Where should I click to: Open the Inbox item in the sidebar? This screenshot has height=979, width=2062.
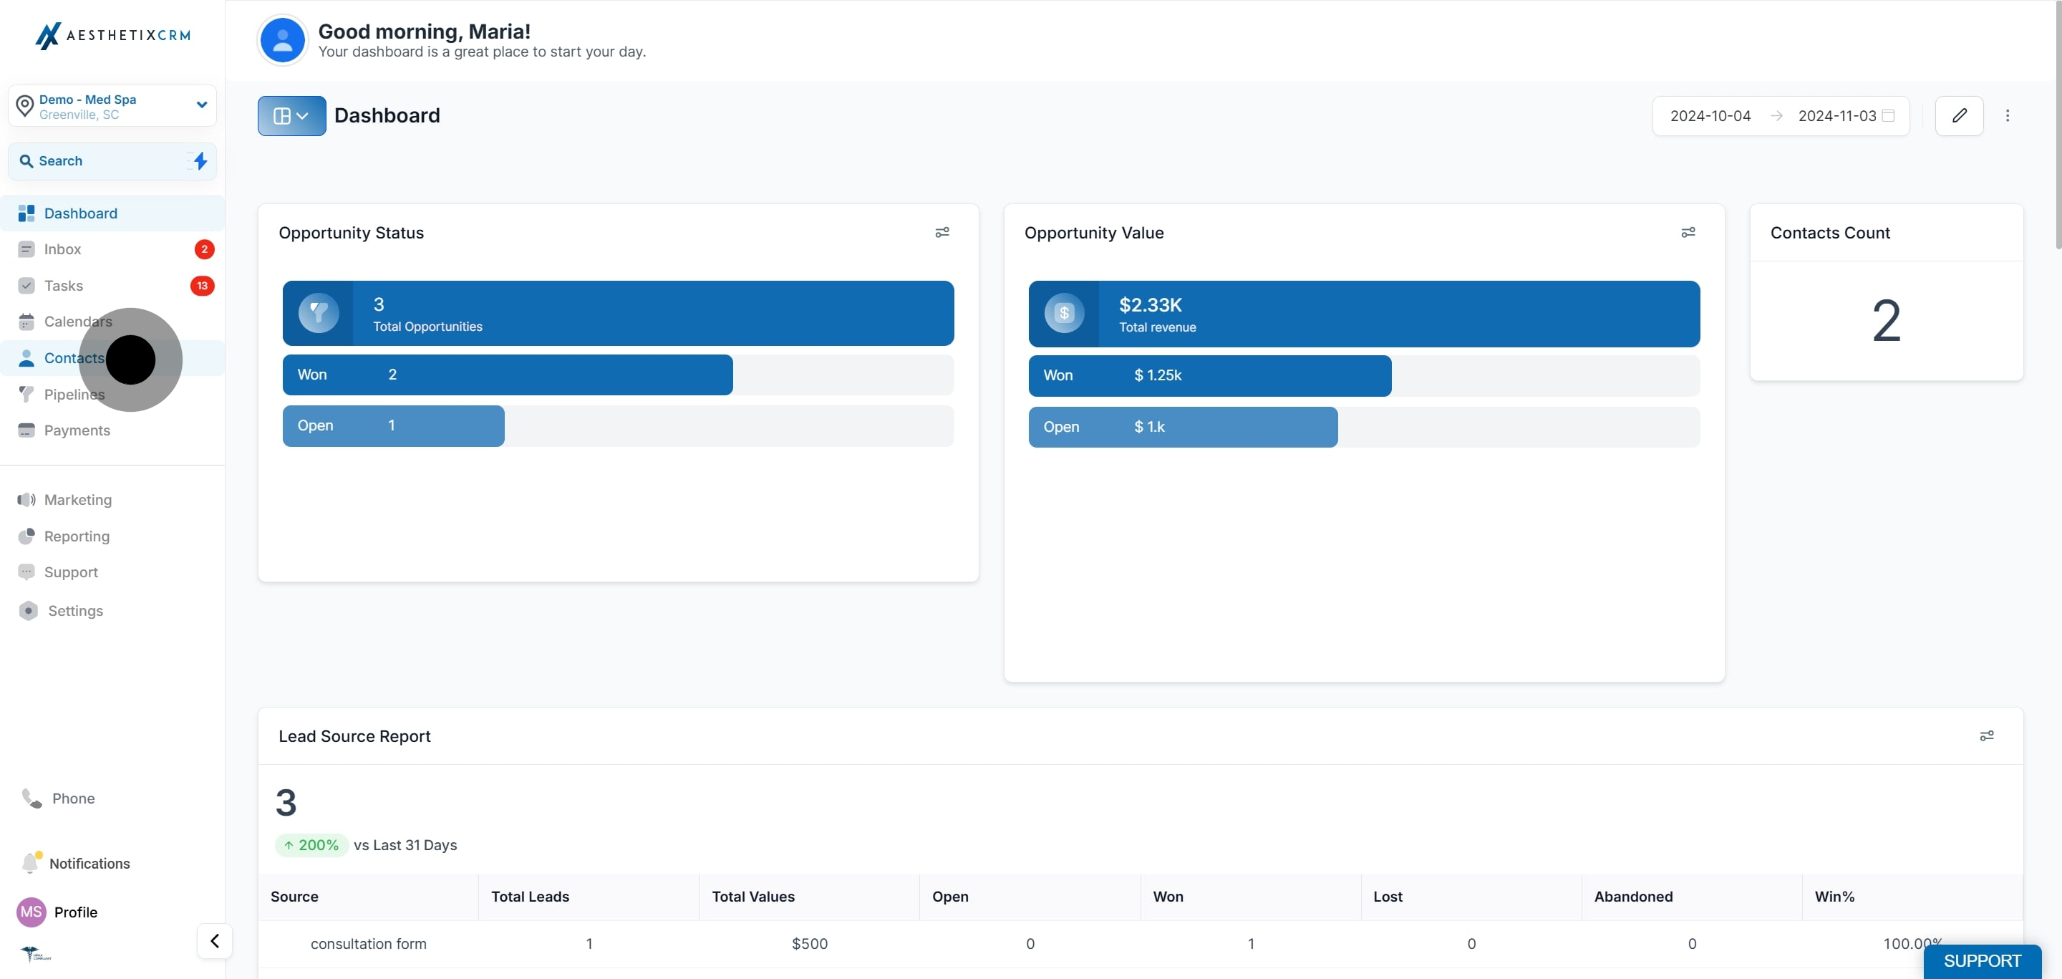click(x=62, y=250)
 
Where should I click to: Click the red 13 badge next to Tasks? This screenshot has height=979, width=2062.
click(x=203, y=286)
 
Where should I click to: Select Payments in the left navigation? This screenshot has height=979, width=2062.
click(x=77, y=430)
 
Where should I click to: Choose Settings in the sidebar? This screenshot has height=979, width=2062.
click(x=75, y=611)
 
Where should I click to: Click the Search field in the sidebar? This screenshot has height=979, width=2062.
click(x=112, y=161)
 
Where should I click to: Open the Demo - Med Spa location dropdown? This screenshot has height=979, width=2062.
click(x=112, y=106)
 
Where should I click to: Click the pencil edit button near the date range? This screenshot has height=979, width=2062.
click(x=1959, y=116)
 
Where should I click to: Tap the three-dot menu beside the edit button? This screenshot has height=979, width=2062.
click(x=2008, y=116)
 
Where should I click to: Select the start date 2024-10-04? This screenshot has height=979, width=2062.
click(x=1710, y=116)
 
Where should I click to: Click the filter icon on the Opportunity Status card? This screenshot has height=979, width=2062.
click(x=942, y=232)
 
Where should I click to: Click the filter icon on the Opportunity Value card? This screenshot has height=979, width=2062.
click(x=1688, y=232)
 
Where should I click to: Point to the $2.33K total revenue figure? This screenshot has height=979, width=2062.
click(x=1151, y=305)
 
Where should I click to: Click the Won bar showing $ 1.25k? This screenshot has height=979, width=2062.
click(x=1209, y=375)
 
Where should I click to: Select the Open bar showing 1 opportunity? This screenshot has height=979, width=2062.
click(x=393, y=426)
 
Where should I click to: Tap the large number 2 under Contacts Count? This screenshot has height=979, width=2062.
click(x=1886, y=321)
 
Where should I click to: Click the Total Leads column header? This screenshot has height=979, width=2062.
click(x=530, y=897)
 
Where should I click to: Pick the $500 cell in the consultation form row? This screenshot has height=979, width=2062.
click(x=809, y=944)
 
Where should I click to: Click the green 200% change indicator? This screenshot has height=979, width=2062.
click(x=311, y=845)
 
